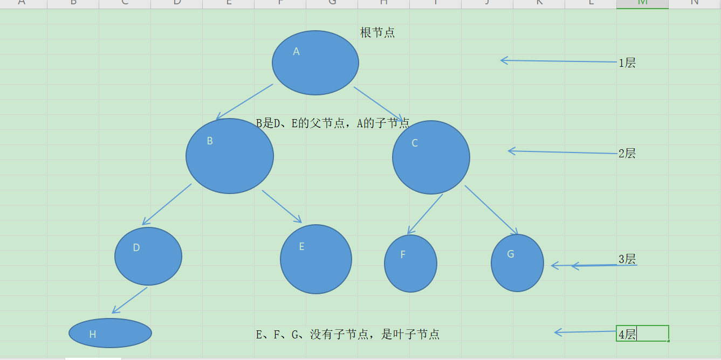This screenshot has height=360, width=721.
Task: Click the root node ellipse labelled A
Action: coord(315,63)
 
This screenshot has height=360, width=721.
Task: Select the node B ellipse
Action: coord(230,156)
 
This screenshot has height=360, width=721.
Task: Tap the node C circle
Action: coord(431,157)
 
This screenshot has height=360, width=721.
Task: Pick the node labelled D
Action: coord(148,256)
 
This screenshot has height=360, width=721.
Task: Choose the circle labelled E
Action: coord(316,259)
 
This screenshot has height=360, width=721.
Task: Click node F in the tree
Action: coord(410,264)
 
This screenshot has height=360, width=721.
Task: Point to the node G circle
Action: coord(517,263)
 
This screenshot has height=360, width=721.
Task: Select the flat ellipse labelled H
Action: coord(111,333)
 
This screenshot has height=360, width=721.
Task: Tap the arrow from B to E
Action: coord(281,206)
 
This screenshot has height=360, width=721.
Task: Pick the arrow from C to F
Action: coord(425,214)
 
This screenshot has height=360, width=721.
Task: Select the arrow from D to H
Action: coord(129,300)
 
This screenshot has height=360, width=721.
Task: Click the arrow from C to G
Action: coord(491,210)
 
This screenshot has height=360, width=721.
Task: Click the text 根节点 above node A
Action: coord(377,33)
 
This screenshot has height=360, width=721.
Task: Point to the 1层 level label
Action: coord(627,63)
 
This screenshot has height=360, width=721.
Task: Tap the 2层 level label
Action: coord(627,154)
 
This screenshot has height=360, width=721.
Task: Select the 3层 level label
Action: coord(627,259)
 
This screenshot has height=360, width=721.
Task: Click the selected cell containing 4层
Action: coord(642,334)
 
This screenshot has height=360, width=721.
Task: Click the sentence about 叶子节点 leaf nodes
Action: coord(348,335)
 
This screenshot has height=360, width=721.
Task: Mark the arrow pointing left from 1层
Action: coord(558,61)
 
